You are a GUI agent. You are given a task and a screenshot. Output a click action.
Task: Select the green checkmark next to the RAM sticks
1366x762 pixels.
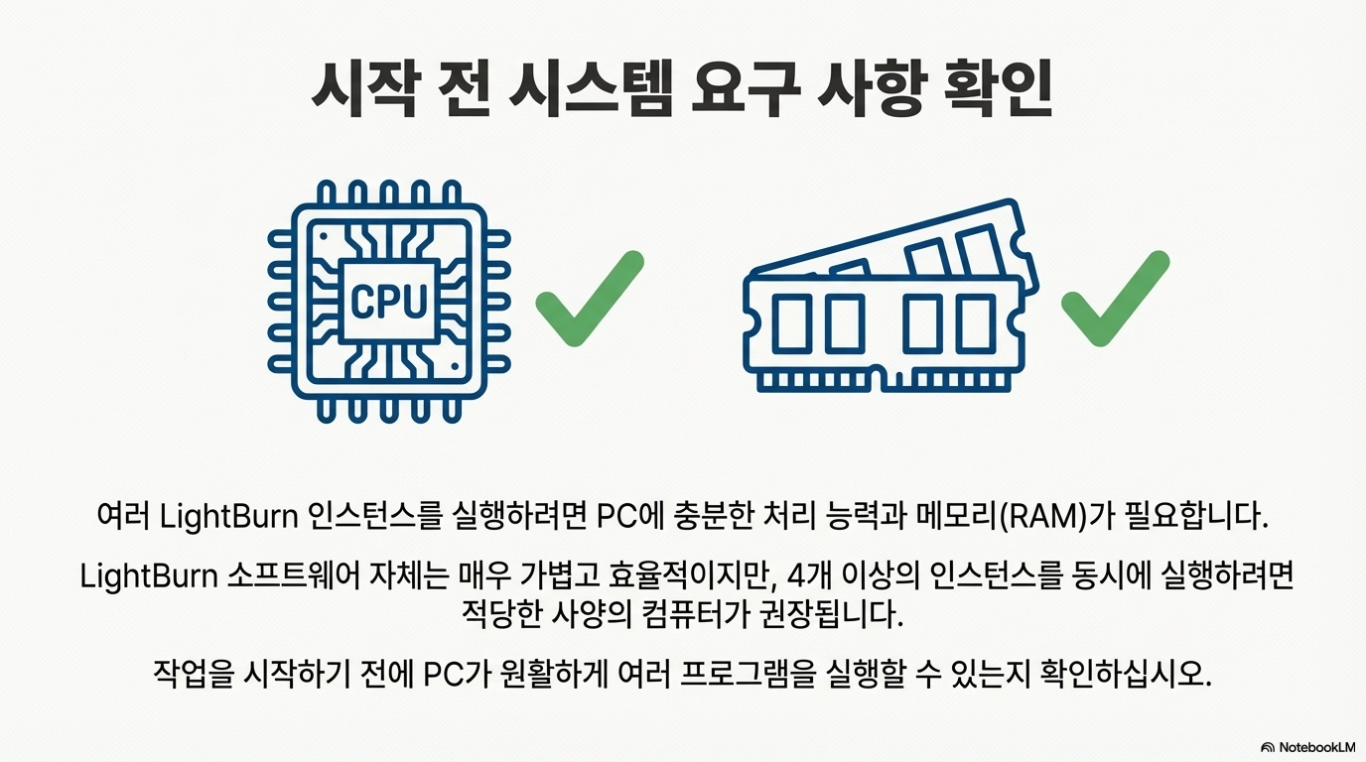tap(1114, 299)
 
